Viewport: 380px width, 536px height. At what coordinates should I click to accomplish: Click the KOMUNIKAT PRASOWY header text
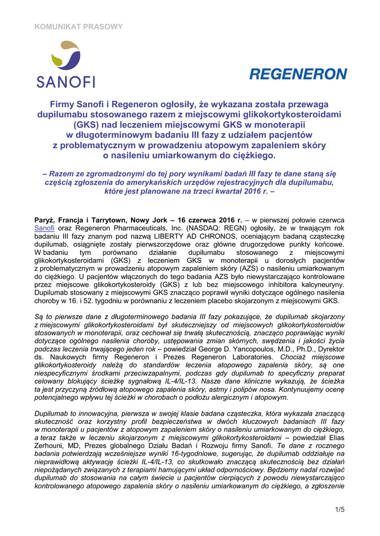pyautogui.click(x=79, y=26)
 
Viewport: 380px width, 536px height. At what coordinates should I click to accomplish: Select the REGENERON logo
pyautogui.click(x=298, y=74)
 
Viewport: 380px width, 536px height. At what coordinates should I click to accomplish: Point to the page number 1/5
pyautogui.click(x=339, y=509)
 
